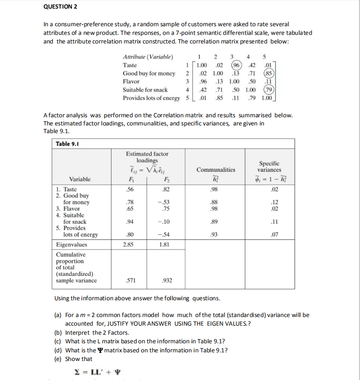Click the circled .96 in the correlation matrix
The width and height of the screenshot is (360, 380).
click(x=235, y=65)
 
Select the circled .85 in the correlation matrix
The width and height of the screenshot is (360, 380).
click(x=269, y=73)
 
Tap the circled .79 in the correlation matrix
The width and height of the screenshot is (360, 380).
click(x=269, y=90)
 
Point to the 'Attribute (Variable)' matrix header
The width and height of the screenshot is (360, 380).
click(x=148, y=57)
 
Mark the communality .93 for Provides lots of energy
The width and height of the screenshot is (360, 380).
click(x=216, y=235)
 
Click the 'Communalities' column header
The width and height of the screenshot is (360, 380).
click(x=216, y=170)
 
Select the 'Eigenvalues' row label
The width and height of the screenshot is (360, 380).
click(x=72, y=245)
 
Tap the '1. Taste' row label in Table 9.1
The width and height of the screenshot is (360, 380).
click(x=66, y=189)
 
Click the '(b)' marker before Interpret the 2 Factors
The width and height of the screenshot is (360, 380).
click(x=58, y=332)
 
